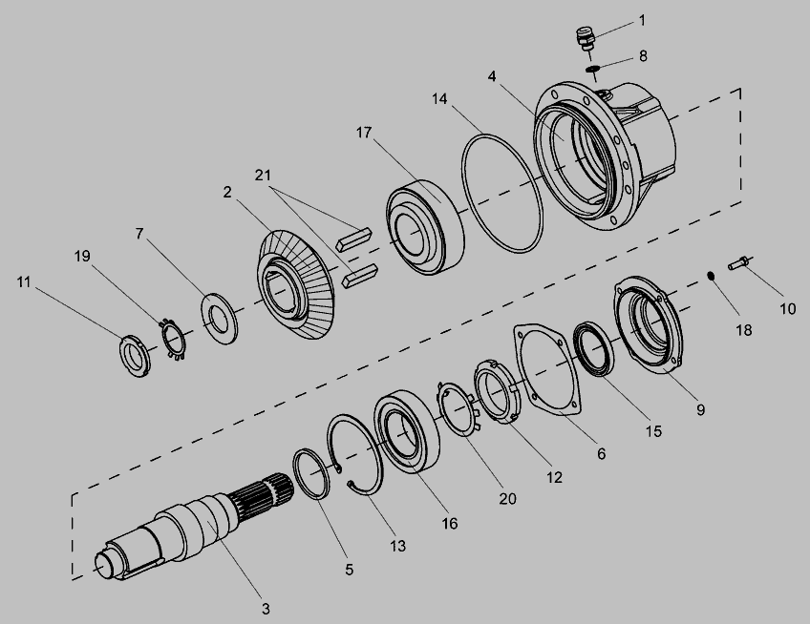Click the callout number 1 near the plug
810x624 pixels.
pos(642,21)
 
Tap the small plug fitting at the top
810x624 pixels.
pos(586,40)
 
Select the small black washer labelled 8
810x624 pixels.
pos(592,69)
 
